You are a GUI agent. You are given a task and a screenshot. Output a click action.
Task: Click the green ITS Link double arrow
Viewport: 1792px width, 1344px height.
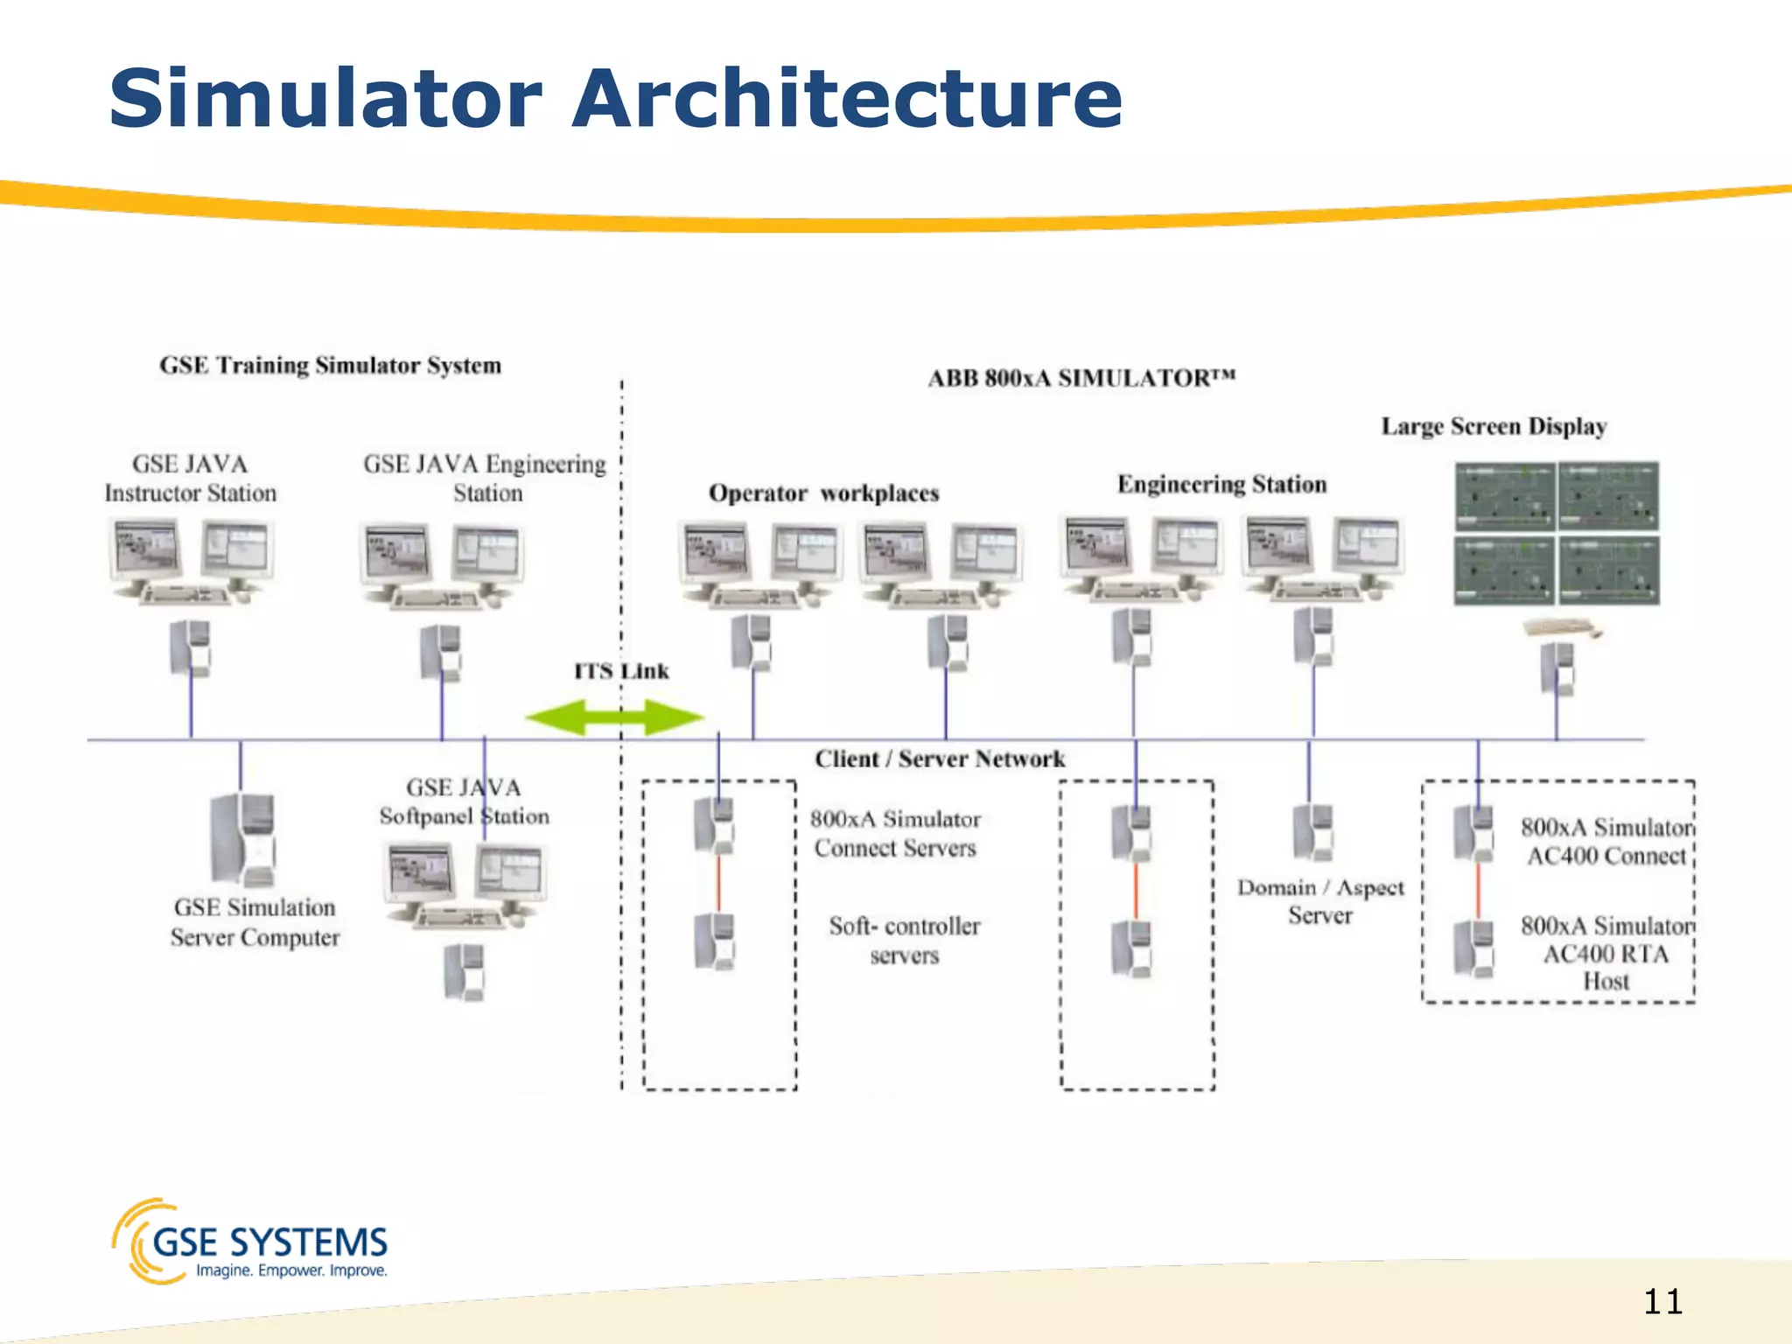coord(614,717)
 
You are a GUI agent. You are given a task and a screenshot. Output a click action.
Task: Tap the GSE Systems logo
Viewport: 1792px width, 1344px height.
coord(250,1242)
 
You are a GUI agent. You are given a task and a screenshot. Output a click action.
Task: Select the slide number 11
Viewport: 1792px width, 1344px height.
coord(1662,1302)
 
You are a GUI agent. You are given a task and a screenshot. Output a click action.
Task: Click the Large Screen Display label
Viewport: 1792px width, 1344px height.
coord(1494,426)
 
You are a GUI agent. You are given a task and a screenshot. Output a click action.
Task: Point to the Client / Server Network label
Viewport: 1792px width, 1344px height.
coord(940,759)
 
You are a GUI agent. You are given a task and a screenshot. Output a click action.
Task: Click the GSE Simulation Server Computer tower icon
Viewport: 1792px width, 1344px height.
coord(243,840)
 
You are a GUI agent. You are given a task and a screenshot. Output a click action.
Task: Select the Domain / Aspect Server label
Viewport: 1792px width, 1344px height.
coord(1320,901)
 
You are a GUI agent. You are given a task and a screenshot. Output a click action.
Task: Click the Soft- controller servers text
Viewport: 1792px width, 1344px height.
coord(904,940)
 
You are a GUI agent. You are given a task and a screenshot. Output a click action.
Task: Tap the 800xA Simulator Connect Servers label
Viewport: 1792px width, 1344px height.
coord(895,833)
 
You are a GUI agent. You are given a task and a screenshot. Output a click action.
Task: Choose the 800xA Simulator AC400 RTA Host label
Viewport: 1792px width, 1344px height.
coord(1606,953)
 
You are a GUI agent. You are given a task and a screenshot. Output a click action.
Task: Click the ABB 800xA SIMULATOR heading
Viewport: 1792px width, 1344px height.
coord(1081,378)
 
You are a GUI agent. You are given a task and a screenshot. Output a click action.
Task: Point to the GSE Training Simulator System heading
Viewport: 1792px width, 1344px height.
coord(330,365)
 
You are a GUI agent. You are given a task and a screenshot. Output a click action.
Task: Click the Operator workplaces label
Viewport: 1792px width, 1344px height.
coord(823,493)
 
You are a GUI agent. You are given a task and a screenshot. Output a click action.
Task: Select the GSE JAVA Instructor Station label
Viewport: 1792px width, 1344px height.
coord(190,479)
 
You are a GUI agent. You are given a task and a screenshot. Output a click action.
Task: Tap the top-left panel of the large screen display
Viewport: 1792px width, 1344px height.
coord(1504,496)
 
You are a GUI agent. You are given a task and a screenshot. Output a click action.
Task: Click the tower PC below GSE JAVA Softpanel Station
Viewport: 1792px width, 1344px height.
coord(464,971)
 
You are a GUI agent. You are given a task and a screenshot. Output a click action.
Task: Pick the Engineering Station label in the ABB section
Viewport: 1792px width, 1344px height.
coord(1221,484)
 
